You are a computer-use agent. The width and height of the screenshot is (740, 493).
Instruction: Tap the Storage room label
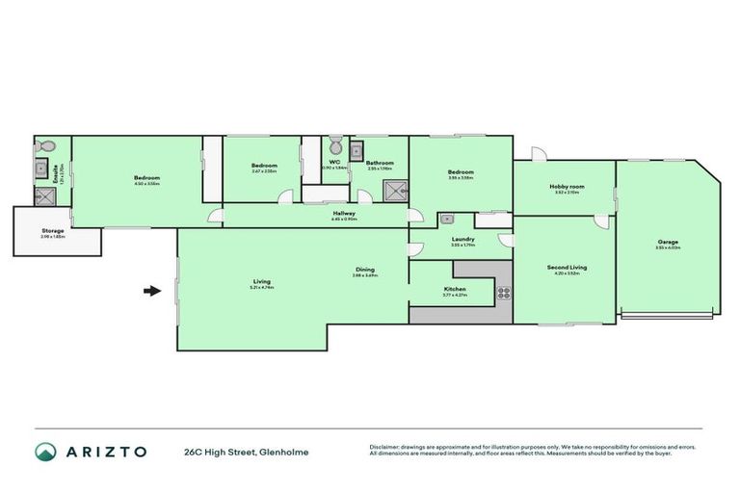click(x=53, y=231)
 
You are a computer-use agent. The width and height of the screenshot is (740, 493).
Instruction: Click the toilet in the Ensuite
click(x=40, y=148)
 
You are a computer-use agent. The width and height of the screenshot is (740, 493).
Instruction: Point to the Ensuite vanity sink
click(x=41, y=171)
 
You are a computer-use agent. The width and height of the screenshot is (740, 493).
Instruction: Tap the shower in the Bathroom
click(x=394, y=190)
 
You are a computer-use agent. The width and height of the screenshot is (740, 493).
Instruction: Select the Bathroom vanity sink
click(x=356, y=149)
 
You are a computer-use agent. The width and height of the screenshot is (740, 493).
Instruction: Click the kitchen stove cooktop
click(x=502, y=291)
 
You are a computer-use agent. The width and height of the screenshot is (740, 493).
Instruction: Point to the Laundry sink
click(x=447, y=219)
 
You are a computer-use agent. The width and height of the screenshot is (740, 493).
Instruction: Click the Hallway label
click(x=344, y=213)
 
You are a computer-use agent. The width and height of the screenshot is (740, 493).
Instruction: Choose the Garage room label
click(x=668, y=241)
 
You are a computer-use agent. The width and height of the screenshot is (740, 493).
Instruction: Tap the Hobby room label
click(x=567, y=186)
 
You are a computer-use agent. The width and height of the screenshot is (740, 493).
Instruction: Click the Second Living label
click(x=567, y=267)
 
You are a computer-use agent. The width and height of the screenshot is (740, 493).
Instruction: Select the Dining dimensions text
click(x=364, y=275)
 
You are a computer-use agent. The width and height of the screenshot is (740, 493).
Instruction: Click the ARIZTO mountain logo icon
click(x=44, y=451)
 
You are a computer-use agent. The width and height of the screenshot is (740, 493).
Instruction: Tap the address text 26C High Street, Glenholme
click(x=247, y=451)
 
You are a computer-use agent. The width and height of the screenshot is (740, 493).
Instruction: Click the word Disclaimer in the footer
click(x=385, y=447)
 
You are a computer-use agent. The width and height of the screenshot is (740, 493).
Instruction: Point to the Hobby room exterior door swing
click(x=539, y=154)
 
